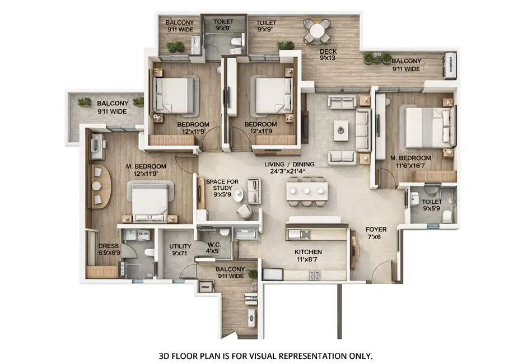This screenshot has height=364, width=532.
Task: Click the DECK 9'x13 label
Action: click(328, 54)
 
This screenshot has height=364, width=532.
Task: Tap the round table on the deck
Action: click(317, 31)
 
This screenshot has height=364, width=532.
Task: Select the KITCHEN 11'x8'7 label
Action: click(308, 256)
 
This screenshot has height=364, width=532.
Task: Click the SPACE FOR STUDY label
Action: click(219, 185)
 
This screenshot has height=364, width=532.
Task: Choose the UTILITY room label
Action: click(180, 250)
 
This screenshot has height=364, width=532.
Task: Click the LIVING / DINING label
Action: click(290, 168)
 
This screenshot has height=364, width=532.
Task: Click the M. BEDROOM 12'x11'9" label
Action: click(146, 170)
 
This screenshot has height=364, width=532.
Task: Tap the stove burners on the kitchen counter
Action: click(315, 274)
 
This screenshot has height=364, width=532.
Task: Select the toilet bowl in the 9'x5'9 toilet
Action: click(446, 214)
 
